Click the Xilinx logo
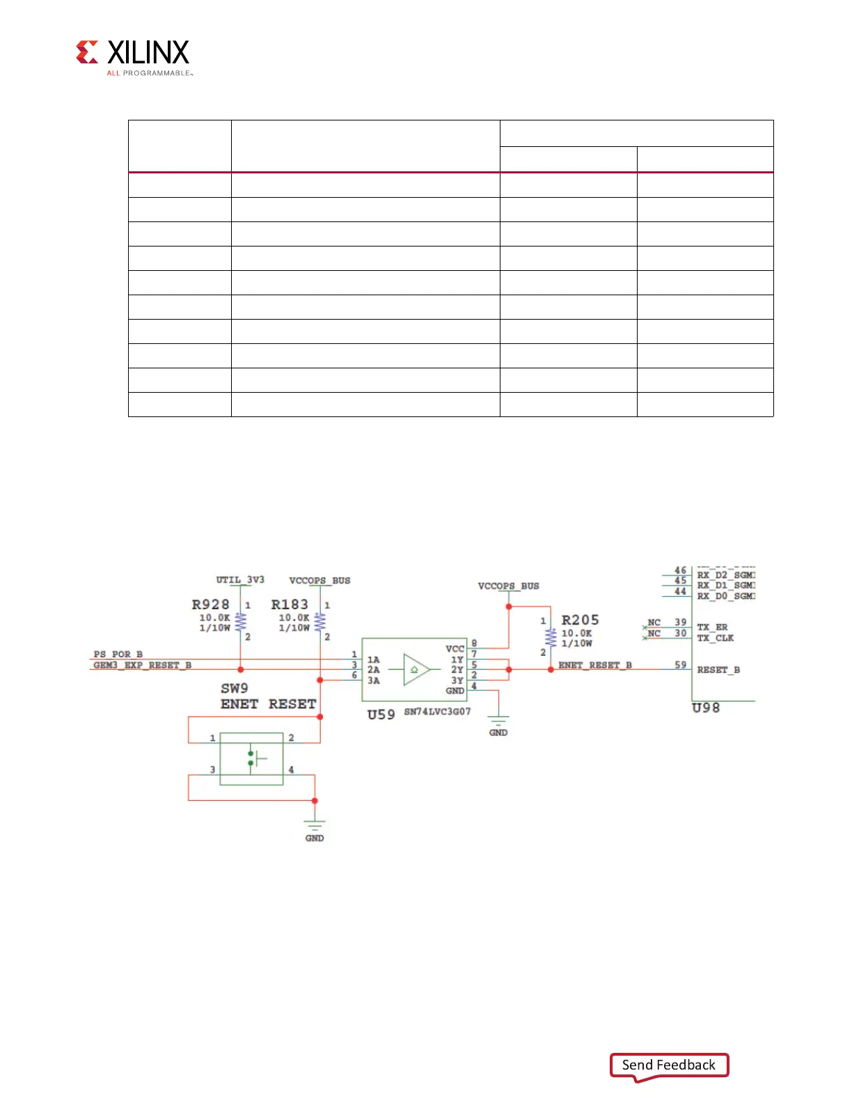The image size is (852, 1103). point(132,56)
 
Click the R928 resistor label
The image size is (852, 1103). point(210,604)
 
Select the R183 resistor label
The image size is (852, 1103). point(290,604)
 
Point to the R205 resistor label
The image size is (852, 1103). point(580,620)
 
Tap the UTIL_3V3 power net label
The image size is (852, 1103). point(240,579)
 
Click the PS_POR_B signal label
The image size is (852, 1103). point(118,654)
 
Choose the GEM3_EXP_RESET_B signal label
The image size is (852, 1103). point(142,665)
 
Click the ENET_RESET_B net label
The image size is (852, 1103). point(595,665)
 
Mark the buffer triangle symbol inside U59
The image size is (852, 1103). point(416,670)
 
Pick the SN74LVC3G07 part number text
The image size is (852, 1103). point(437,712)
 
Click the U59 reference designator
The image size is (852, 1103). point(381,714)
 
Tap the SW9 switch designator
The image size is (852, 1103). point(235,688)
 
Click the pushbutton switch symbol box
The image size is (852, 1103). point(251,758)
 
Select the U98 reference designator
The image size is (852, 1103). point(705,707)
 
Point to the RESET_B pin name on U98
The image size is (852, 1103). point(718,670)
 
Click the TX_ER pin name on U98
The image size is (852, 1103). point(712,627)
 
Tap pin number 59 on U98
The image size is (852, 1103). point(680,665)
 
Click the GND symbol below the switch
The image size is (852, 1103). point(315,829)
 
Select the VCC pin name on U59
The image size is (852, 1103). point(455,648)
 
